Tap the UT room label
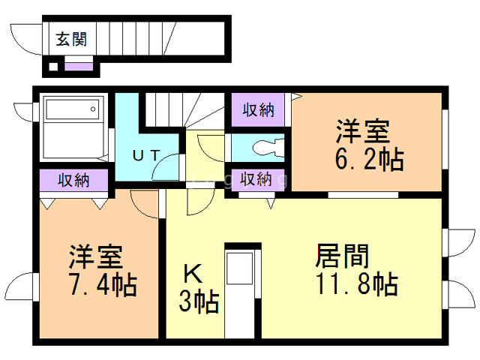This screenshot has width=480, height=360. pos(145,155)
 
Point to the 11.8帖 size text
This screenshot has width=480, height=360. pos(355,284)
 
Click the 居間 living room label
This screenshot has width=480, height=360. pos(342,256)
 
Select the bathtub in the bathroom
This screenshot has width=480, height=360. pos(72,109)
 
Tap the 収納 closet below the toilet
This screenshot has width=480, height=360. pos(256,180)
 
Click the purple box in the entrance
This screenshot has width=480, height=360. pos(79,67)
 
